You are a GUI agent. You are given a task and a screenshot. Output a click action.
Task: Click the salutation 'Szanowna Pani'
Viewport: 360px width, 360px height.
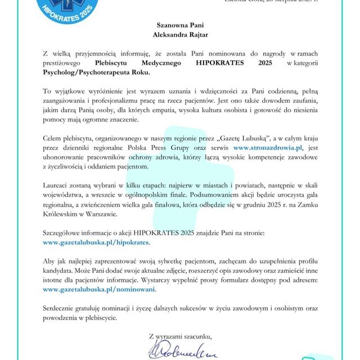(179, 25)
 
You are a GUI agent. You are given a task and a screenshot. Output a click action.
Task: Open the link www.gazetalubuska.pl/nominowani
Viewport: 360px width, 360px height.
(99, 289)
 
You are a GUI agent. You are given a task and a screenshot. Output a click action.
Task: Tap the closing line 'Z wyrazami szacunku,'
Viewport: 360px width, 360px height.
(181, 336)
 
